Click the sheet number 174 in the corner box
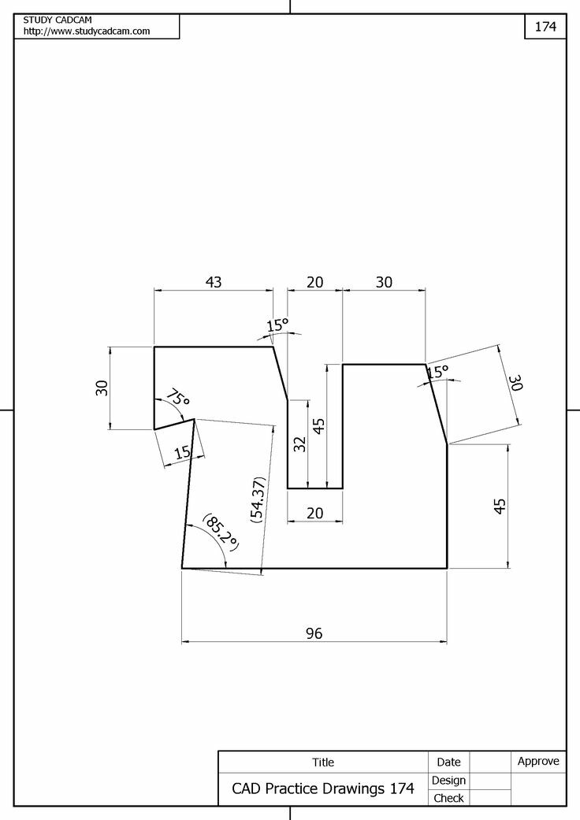[x=545, y=26]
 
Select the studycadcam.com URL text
[x=87, y=31]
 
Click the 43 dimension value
[x=214, y=282]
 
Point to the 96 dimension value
[x=314, y=633]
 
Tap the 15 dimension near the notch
[x=182, y=452]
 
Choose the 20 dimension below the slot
[x=314, y=513]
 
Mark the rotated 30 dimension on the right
[x=515, y=384]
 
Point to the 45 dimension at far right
[x=500, y=506]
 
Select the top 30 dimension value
[x=384, y=282]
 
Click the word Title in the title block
[x=323, y=762]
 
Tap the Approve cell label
[x=538, y=761]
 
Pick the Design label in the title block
[x=449, y=780]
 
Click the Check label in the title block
[x=449, y=798]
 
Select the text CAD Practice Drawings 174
[x=322, y=788]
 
